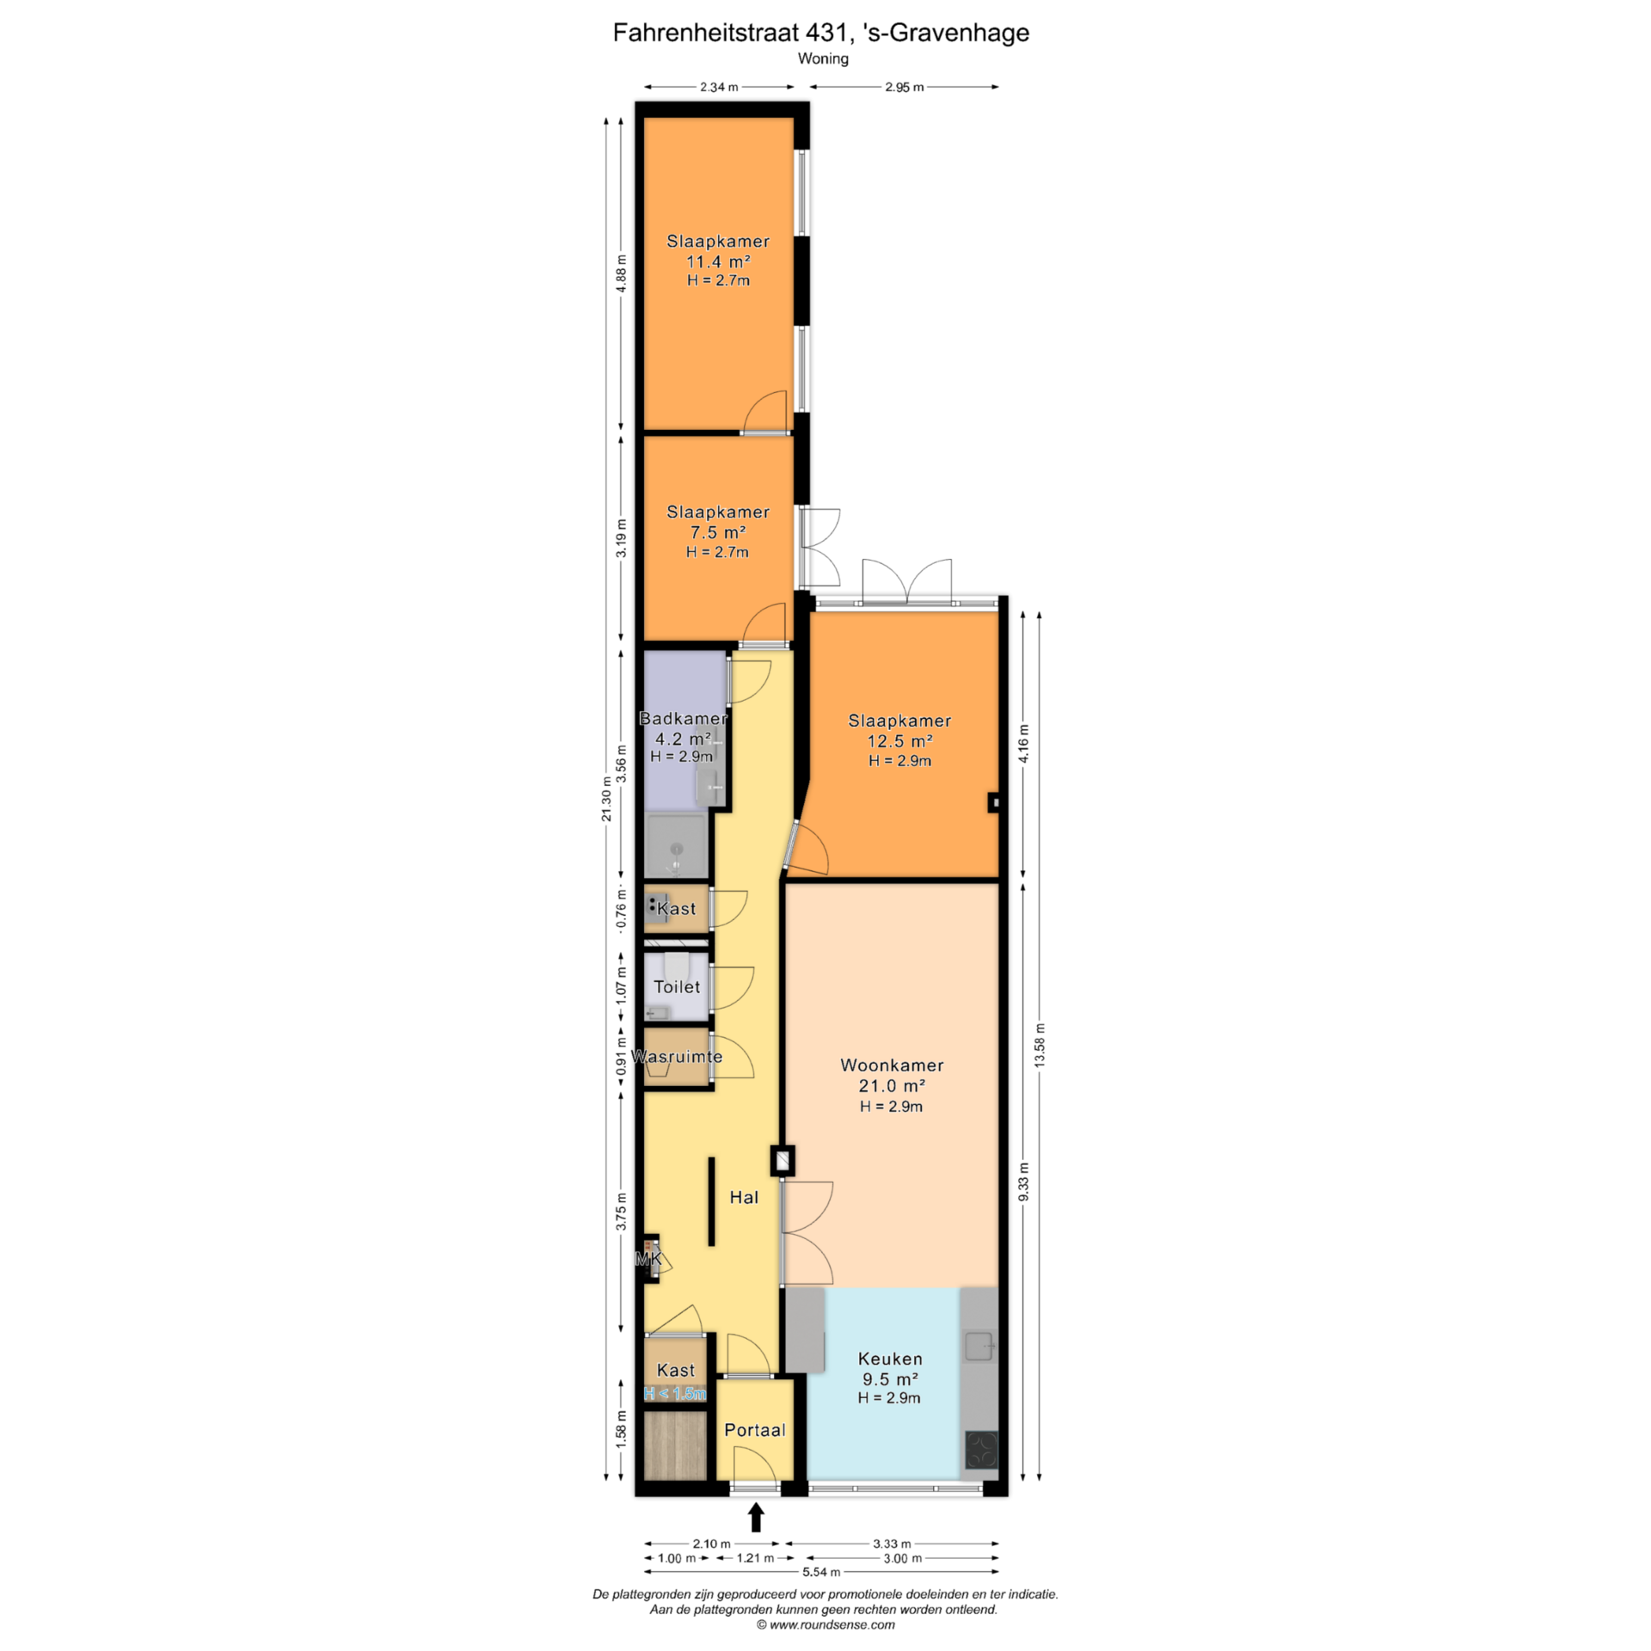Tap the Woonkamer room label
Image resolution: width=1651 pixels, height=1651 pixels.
click(x=892, y=1065)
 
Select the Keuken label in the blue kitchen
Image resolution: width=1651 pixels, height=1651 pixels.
click(x=890, y=1359)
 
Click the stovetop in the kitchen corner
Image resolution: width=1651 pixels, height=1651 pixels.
click(x=981, y=1449)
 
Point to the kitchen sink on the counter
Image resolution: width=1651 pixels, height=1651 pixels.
click(x=979, y=1346)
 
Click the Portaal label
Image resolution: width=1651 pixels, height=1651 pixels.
click(x=755, y=1430)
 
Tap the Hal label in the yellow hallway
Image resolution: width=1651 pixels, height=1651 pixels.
click(x=744, y=1197)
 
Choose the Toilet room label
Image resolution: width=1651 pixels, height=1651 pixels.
click(x=677, y=987)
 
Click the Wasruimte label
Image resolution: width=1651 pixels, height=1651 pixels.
click(x=677, y=1056)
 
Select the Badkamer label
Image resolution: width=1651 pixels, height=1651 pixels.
click(x=683, y=718)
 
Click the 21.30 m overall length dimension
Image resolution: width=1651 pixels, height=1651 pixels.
click(x=606, y=799)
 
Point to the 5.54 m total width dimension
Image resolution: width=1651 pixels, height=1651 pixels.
click(x=821, y=1572)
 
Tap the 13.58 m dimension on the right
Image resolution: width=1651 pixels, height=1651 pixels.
click(x=1040, y=1046)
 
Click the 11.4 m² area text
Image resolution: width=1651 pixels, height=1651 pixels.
click(x=718, y=261)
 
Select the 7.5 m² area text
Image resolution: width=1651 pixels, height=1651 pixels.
click(x=718, y=532)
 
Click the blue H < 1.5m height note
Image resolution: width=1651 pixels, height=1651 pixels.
click(x=675, y=1394)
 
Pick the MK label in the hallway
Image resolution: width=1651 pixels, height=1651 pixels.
click(x=648, y=1259)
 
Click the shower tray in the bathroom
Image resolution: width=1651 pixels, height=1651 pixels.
click(x=677, y=846)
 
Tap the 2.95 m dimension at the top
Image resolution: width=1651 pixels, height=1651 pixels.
click(x=905, y=87)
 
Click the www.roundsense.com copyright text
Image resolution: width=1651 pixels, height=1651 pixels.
click(x=825, y=1624)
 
